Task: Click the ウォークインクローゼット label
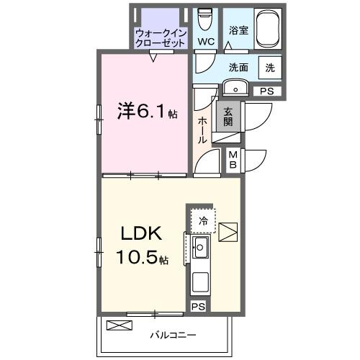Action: pos(161,37)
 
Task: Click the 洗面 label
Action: pos(238,68)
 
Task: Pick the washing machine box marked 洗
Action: pos(269,68)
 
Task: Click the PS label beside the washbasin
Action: pos(266,91)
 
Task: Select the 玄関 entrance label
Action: pos(228,117)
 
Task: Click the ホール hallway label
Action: pos(203,130)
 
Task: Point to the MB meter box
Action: pos(234,159)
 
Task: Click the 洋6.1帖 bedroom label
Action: pos(147,112)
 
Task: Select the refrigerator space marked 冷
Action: pos(204,221)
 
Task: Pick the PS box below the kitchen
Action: pos(197,306)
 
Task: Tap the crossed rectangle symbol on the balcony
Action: pos(119,325)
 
